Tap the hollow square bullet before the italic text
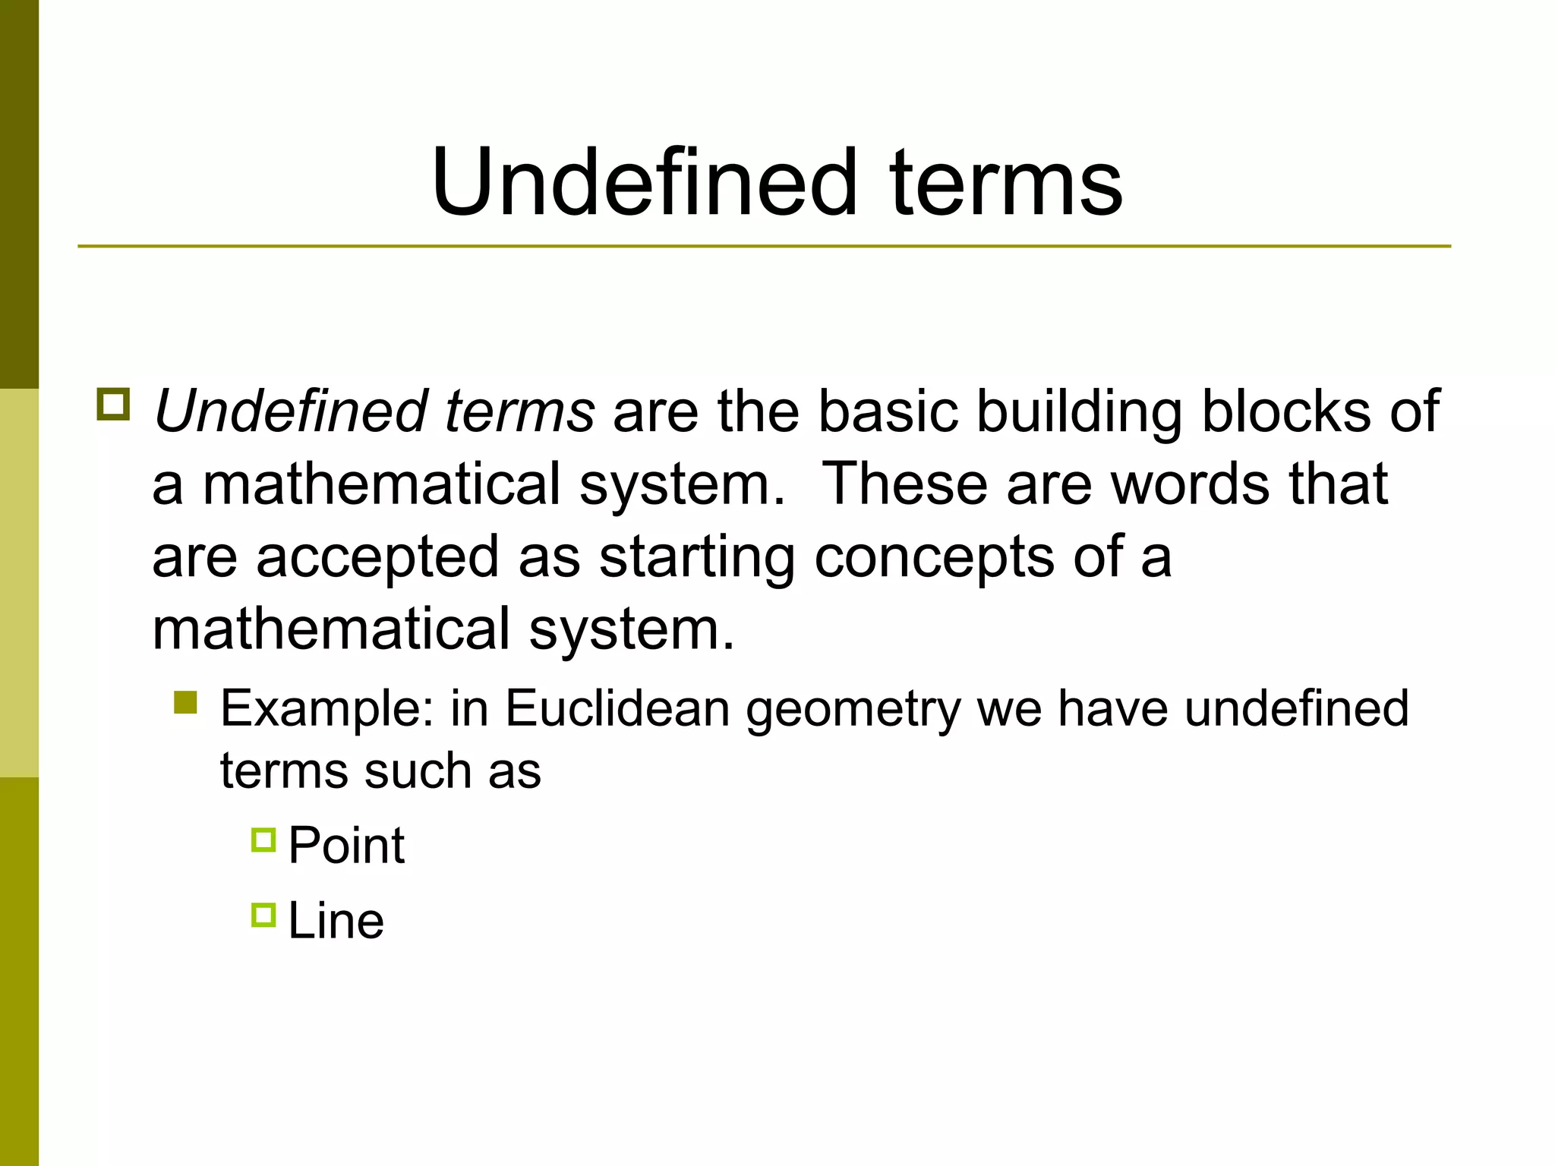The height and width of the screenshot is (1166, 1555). click(x=113, y=404)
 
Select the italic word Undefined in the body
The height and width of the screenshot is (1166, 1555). click(x=291, y=411)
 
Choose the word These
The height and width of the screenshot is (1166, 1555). click(x=905, y=484)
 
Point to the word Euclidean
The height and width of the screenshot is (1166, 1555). click(x=617, y=708)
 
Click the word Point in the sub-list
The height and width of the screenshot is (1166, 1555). click(x=346, y=845)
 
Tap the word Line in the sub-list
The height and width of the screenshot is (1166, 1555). click(x=336, y=921)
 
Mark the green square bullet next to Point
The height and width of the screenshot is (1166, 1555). click(x=263, y=840)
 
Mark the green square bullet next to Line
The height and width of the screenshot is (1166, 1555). click(x=263, y=915)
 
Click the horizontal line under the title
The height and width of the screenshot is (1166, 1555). click(x=764, y=247)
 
